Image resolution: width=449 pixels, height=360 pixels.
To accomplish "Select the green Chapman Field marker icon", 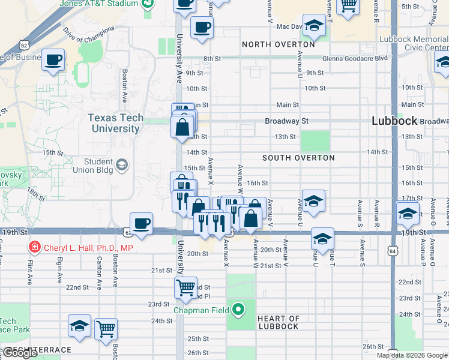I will click(x=238, y=310).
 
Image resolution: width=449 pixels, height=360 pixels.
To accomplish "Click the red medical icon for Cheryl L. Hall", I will click(x=35, y=247).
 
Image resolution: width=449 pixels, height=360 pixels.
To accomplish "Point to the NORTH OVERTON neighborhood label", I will click(x=278, y=44).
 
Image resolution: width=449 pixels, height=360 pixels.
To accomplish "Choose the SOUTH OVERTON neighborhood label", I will click(x=298, y=158).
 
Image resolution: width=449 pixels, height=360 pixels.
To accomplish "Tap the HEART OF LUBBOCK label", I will click(x=278, y=322).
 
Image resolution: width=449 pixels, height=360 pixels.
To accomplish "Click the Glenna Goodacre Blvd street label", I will click(x=354, y=58).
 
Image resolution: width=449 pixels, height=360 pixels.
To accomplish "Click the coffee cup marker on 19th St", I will click(x=141, y=224).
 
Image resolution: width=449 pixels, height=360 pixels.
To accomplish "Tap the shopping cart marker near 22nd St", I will click(x=186, y=287).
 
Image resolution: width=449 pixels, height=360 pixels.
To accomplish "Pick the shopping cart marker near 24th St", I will click(x=106, y=328).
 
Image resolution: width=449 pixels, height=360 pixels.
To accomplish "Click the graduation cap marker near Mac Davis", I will click(x=313, y=26).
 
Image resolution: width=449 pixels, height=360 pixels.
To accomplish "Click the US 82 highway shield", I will click(x=23, y=45).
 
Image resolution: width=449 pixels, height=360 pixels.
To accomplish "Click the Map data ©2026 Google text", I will click(x=412, y=355).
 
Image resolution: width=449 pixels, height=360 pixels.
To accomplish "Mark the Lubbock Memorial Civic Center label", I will click(x=414, y=43).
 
